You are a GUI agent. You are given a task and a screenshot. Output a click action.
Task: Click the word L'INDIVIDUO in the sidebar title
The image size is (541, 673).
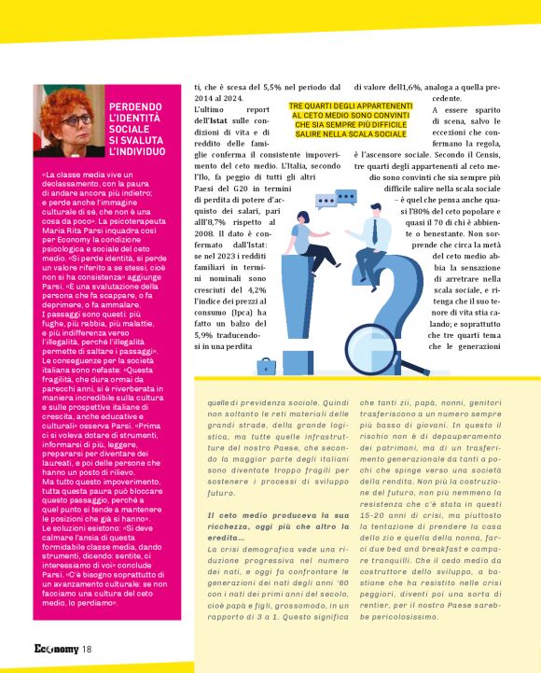coord(142,149)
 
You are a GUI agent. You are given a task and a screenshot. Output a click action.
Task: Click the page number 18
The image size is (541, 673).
coord(85,650)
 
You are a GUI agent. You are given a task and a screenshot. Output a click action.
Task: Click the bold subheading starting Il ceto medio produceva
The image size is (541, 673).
coord(270,520)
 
